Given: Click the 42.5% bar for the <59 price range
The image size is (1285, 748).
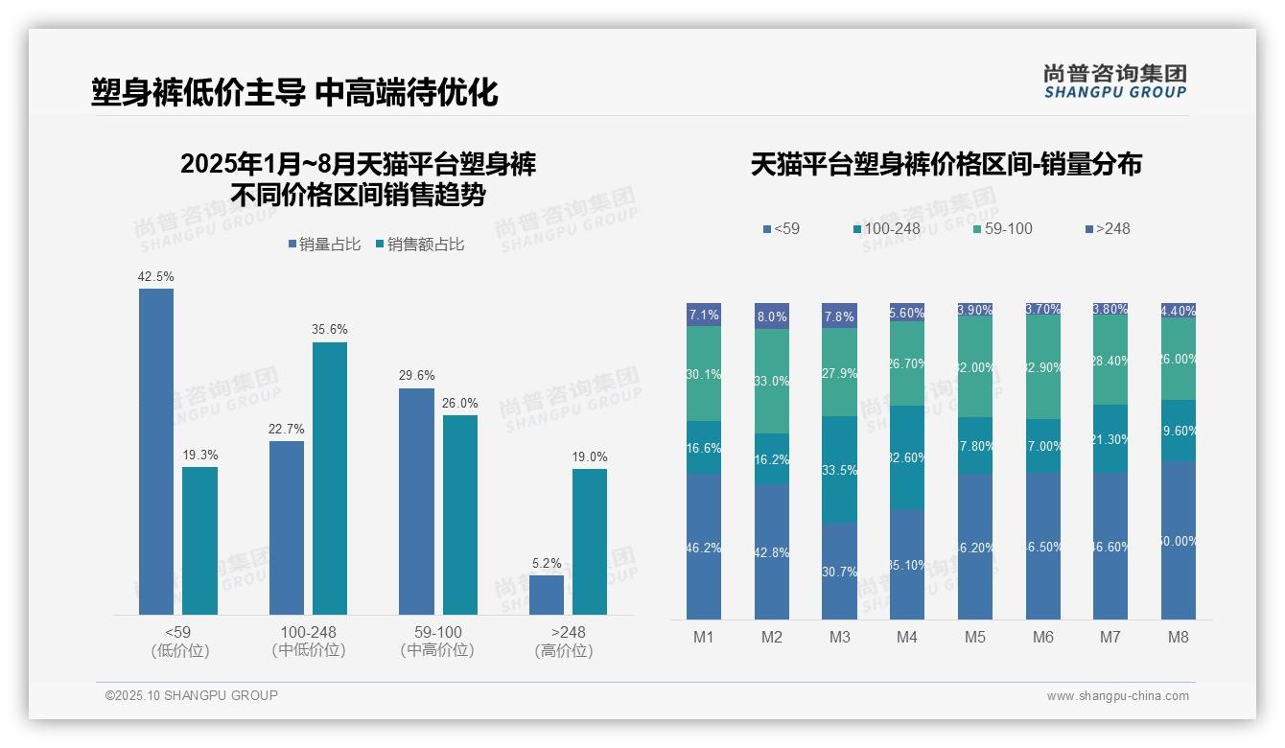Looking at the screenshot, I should click(156, 451).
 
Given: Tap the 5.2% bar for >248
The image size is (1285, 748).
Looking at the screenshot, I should click(547, 595).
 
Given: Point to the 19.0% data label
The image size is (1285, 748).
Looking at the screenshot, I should click(590, 456).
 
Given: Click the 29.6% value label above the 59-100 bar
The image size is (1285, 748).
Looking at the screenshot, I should click(416, 376).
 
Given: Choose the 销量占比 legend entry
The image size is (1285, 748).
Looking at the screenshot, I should click(324, 245).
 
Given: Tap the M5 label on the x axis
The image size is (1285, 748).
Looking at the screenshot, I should click(975, 637).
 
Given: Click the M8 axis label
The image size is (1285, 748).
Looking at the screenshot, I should click(1179, 637).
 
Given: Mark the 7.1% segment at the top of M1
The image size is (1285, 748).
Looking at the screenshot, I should click(704, 315).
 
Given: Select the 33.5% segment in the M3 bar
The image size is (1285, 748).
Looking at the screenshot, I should click(839, 469).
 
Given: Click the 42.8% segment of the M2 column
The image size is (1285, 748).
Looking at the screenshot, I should click(772, 551).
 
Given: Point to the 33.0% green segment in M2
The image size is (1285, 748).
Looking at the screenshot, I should click(772, 381).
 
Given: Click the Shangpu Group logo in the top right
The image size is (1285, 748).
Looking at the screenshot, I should click(1114, 81).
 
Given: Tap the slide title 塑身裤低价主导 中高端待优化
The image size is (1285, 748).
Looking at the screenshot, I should click(294, 92).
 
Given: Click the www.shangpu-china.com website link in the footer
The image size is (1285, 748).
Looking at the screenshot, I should click(1117, 696).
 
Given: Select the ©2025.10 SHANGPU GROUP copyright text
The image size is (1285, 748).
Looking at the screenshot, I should click(192, 695).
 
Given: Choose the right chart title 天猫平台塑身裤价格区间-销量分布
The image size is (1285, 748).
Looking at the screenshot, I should click(946, 164).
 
